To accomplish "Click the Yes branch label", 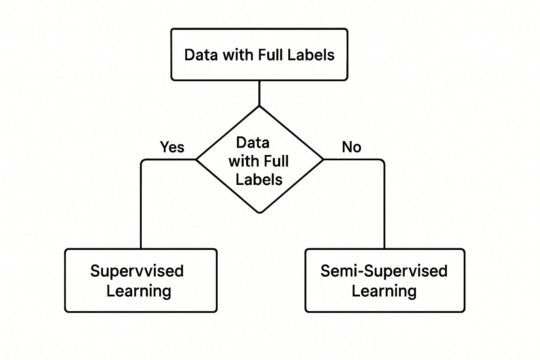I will [172, 147].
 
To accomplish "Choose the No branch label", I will [351, 147].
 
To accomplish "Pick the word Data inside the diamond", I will [252, 143].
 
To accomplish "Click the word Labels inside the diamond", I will [259, 180].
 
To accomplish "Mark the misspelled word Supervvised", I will [137, 271].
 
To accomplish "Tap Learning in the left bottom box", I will [139, 291].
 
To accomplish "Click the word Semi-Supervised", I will [384, 271].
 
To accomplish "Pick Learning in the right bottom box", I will [384, 291].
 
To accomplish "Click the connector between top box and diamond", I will [259, 93].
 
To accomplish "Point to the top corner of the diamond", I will [259, 107].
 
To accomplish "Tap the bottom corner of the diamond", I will [259, 212].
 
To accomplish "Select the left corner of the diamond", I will [196, 160].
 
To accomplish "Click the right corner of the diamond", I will [323, 160].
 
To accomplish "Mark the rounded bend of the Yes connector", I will [142, 161].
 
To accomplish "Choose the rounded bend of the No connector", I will [382, 161].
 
